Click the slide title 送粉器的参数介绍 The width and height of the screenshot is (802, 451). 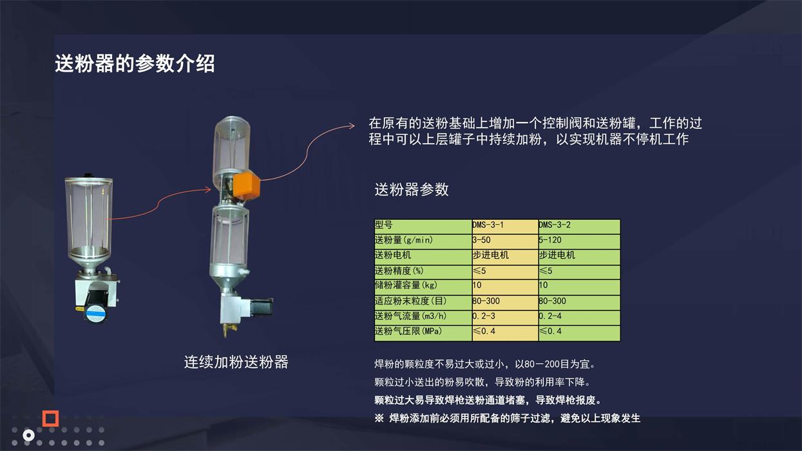[x=135, y=64]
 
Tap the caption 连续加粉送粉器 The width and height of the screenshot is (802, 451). [x=236, y=362]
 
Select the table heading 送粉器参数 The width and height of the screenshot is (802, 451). [x=412, y=189]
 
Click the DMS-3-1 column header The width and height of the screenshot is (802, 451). [x=488, y=225]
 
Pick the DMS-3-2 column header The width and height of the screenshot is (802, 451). [x=555, y=225]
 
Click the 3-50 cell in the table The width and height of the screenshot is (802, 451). [x=481, y=240]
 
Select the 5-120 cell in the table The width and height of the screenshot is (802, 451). [x=550, y=240]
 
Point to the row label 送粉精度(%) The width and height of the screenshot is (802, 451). [x=399, y=271]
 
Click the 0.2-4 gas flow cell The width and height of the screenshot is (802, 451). [x=550, y=316]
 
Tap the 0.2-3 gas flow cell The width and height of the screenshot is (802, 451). [x=484, y=316]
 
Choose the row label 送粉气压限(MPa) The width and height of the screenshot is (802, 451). [x=408, y=331]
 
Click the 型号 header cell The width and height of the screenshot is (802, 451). [x=383, y=225]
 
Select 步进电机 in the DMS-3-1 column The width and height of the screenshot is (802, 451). [x=490, y=255]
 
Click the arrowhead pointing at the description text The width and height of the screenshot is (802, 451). [x=351, y=125]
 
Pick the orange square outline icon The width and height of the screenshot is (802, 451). [x=50, y=418]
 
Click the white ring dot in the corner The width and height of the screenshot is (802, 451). [x=28, y=436]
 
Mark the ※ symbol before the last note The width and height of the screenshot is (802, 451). [x=379, y=418]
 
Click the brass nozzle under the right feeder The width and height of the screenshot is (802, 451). [x=226, y=329]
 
